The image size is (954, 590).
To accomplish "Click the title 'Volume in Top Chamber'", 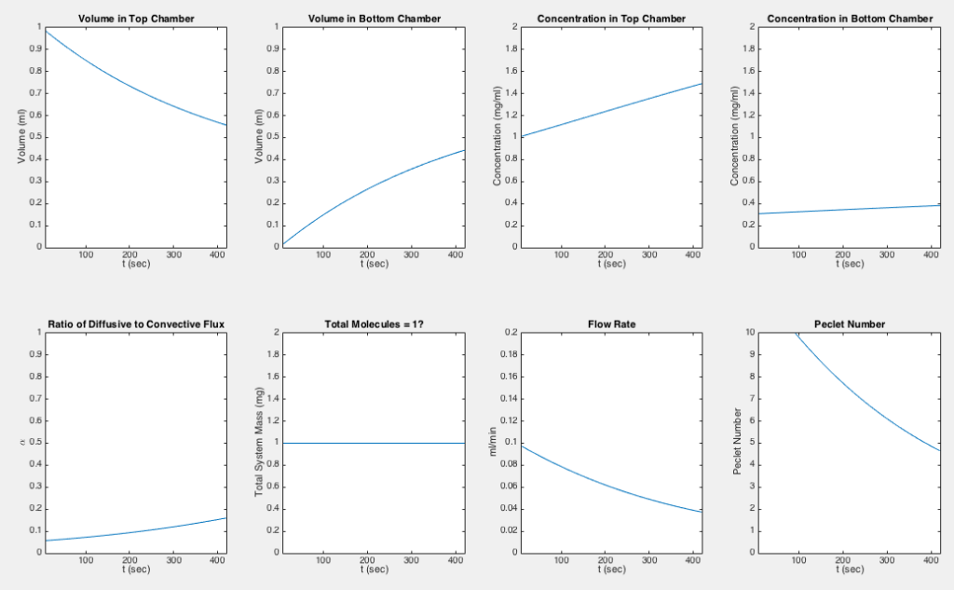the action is (136, 19).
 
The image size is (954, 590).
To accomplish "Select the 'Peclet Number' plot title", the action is (850, 324).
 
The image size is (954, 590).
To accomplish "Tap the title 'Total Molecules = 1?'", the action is (375, 324).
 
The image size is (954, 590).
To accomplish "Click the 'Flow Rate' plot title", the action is (611, 324).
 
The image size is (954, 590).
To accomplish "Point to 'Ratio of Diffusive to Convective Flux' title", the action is (136, 324).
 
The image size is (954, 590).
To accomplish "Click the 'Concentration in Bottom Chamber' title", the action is (850, 19).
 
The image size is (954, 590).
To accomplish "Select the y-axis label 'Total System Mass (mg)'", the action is (259, 442).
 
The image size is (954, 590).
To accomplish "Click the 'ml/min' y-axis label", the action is (493, 442).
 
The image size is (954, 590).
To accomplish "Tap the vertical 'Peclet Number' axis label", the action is (738, 442).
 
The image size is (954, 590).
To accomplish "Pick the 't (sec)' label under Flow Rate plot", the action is (611, 569).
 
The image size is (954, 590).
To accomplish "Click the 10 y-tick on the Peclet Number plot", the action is (750, 333).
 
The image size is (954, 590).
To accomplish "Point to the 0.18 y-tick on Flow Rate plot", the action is (510, 354).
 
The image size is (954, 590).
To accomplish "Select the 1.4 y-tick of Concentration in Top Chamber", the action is (512, 93).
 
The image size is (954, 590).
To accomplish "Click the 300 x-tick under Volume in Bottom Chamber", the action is (411, 254).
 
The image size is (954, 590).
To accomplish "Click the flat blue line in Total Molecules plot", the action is (375, 444).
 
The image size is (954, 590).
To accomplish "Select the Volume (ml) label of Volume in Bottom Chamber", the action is (259, 136).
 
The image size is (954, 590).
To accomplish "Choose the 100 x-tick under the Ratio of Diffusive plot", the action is (86, 560).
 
